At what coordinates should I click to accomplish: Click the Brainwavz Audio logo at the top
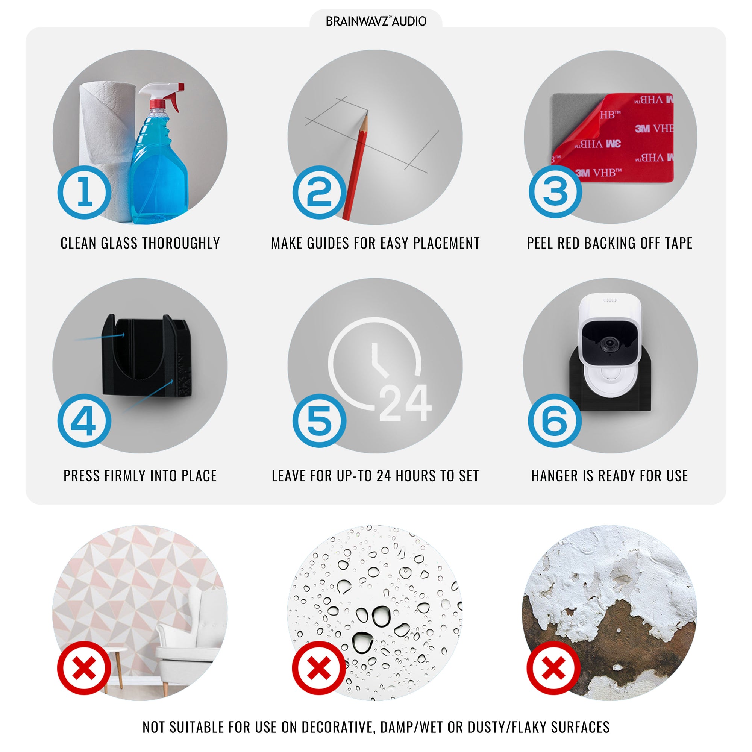coord(376,21)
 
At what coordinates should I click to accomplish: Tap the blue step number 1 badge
coord(85,192)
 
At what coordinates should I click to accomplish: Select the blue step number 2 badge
coord(319,192)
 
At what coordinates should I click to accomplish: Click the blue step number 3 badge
coord(555,191)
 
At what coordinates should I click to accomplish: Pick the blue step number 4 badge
coord(84,421)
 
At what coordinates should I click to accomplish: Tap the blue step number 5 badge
coord(319,421)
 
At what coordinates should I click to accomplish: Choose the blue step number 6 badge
coord(555,421)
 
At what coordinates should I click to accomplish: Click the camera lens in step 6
coord(609,344)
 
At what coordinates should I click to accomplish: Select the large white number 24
coord(405,402)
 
